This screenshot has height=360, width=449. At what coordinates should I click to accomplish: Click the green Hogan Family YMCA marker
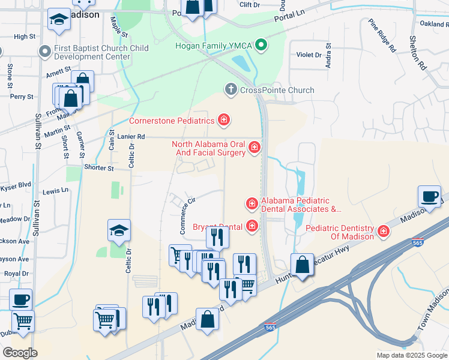[261, 45]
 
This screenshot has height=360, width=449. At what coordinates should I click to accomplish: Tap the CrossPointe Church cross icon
[230, 90]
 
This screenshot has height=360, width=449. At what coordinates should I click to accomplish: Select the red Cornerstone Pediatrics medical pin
[223, 121]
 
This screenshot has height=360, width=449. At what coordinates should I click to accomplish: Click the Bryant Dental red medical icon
[252, 226]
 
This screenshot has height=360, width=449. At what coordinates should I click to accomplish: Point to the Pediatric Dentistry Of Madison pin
[384, 232]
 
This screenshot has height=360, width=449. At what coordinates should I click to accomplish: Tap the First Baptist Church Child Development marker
[44, 52]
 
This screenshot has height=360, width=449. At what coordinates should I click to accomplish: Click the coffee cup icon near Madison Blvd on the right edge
[430, 197]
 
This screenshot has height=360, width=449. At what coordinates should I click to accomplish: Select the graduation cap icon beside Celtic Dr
[119, 229]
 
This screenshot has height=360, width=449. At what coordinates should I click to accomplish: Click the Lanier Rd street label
[131, 137]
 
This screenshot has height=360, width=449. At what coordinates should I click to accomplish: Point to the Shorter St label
[99, 168]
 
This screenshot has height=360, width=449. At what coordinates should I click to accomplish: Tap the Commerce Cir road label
[188, 216]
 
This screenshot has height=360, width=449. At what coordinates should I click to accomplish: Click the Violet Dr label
[309, 55]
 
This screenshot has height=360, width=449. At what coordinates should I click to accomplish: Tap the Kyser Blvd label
[16, 185]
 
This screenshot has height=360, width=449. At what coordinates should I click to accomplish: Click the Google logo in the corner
[20, 352]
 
